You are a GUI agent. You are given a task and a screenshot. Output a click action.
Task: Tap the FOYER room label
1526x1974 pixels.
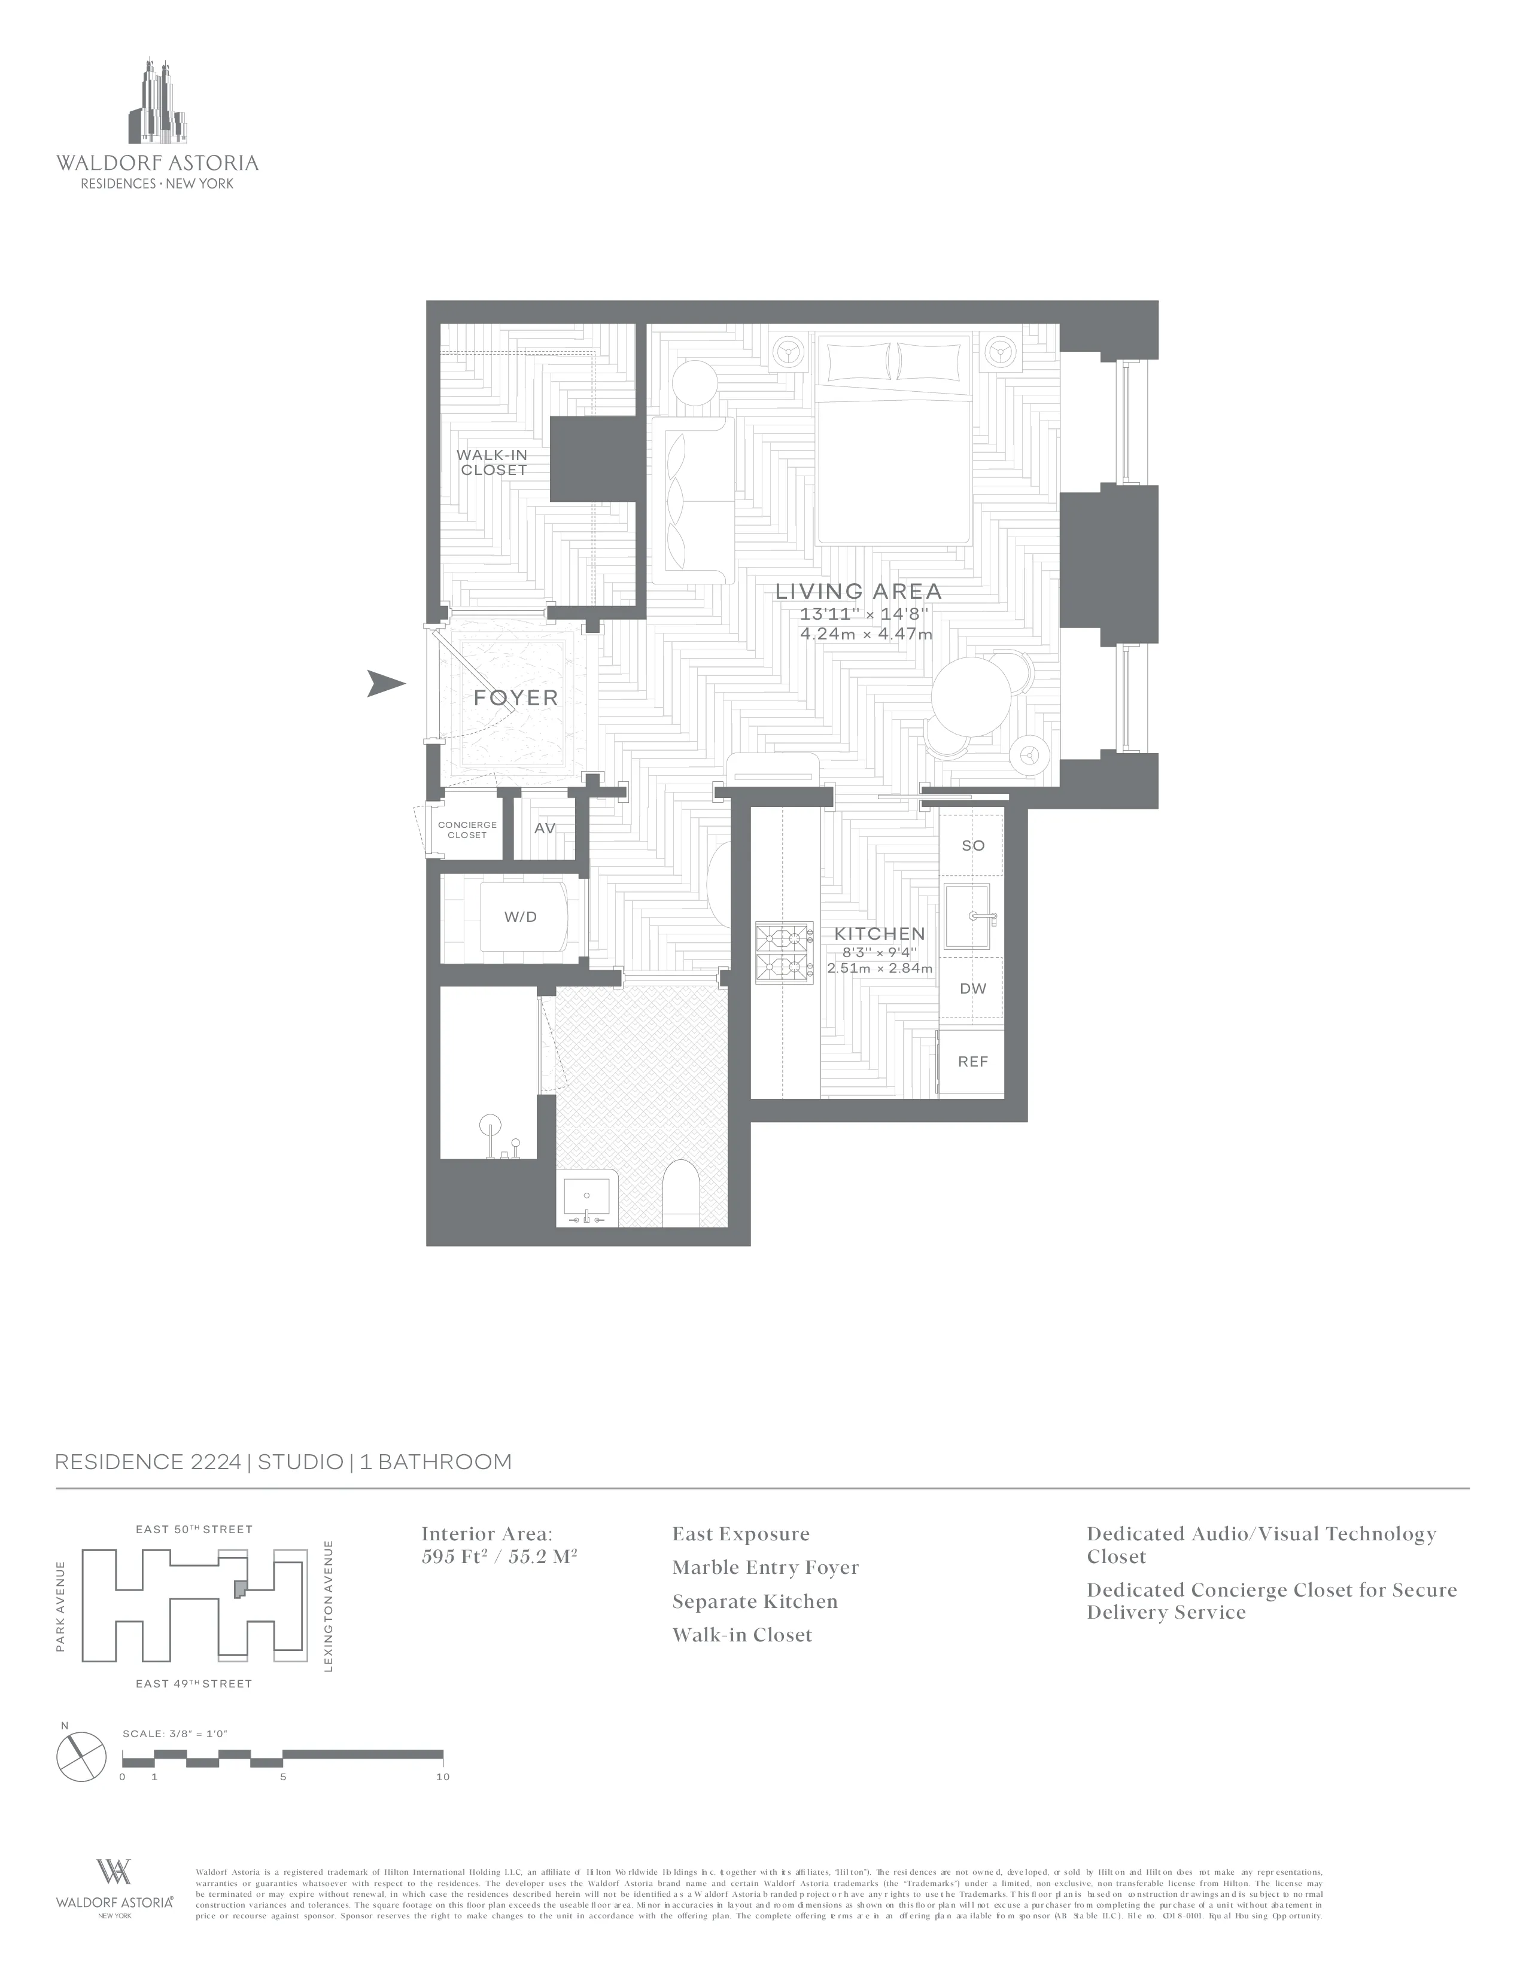[x=515, y=697]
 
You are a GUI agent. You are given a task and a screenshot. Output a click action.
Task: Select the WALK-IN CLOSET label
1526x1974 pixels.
[x=493, y=463]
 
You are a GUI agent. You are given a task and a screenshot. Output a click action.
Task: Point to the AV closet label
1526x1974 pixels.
[x=544, y=828]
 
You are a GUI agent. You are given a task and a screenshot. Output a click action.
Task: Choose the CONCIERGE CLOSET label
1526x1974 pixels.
[x=467, y=830]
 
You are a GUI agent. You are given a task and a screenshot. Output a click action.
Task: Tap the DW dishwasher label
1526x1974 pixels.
[x=972, y=988]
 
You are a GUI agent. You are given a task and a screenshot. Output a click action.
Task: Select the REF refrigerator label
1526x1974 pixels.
[x=972, y=1061]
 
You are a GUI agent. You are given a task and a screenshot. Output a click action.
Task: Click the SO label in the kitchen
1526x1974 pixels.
[x=972, y=846]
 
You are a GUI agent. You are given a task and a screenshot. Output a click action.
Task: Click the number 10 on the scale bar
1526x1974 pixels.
[x=442, y=1777]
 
